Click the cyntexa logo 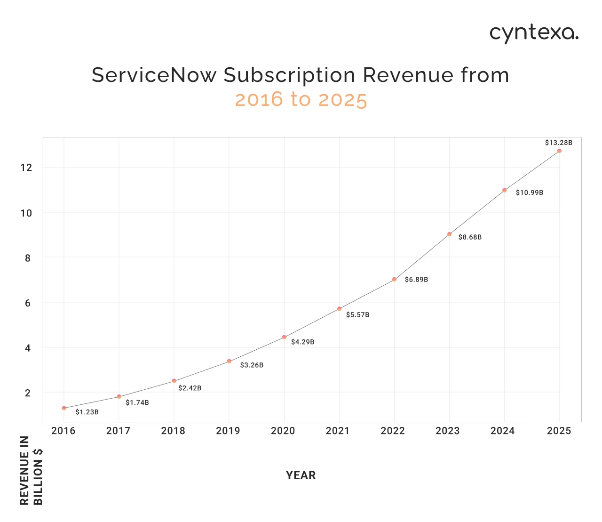coord(534,33)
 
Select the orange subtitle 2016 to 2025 coord(301,100)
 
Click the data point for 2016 coord(64,408)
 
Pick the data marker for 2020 coord(284,337)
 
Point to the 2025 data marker coord(559,151)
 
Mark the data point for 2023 coord(449,234)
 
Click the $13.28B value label coord(558,143)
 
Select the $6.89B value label coord(416,280)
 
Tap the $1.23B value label coord(87,412)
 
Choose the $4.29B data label coord(302,342)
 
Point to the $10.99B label coord(529,193)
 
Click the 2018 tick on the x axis coord(173,431)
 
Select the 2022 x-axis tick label coord(393,431)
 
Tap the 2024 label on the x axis coord(503,431)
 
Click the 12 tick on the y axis coord(26,168)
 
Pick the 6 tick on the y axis coord(28,303)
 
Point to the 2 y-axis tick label coord(28,393)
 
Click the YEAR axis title coord(301,475)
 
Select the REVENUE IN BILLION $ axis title coord(32,470)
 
